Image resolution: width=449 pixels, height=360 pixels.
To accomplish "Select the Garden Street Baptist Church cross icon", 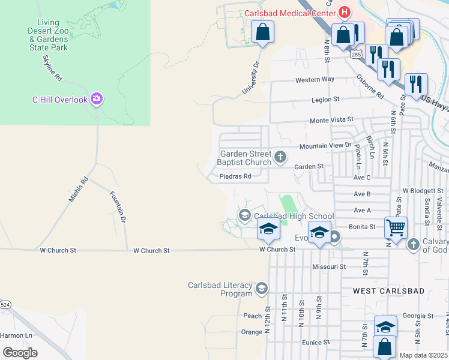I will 280,158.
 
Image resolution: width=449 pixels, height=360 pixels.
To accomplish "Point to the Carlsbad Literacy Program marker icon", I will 261,289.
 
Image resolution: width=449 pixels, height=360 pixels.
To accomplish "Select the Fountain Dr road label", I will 118,206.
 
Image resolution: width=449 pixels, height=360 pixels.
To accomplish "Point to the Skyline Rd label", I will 53,68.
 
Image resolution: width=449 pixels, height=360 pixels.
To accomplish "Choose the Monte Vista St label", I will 331,121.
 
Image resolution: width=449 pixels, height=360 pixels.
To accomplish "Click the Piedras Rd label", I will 235,176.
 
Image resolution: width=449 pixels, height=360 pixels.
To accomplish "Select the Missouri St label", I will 329,266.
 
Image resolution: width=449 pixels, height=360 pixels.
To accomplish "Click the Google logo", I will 20,353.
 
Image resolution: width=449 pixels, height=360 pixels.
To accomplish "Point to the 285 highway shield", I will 357,54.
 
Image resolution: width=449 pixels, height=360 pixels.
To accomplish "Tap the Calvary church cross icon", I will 413,244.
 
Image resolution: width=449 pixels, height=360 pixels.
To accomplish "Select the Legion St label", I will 325,99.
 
